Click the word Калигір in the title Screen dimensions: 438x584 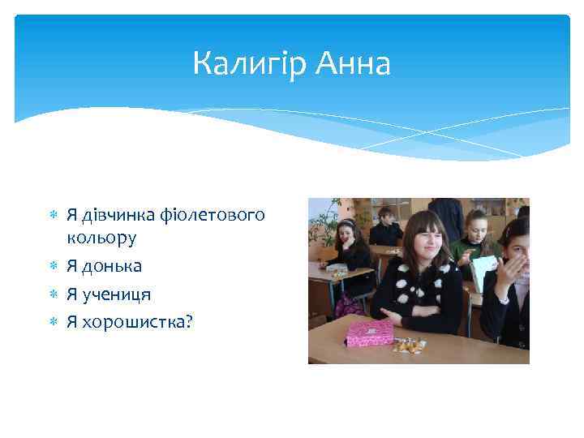(x=246, y=63)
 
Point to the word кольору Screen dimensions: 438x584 (x=101, y=238)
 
